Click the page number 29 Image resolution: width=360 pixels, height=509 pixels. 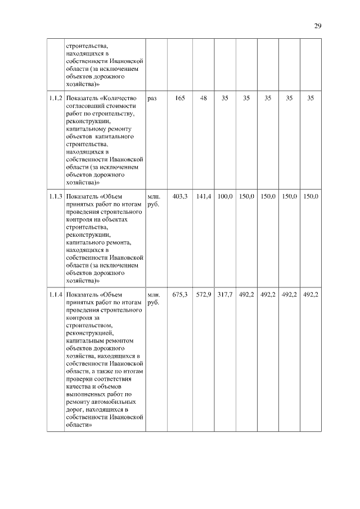click(x=318, y=26)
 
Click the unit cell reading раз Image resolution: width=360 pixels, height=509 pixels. click(x=151, y=98)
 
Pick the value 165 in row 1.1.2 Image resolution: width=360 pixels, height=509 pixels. click(x=180, y=98)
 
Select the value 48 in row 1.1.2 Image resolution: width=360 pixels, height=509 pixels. click(x=203, y=98)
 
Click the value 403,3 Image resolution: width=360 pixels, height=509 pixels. click(x=179, y=196)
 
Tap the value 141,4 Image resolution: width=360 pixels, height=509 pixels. click(x=203, y=196)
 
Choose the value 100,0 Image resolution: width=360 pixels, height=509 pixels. click(x=225, y=196)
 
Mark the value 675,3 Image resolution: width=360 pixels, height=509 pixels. click(x=179, y=294)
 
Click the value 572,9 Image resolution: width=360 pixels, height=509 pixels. click(x=203, y=294)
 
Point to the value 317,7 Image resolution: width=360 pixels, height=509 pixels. click(x=225, y=294)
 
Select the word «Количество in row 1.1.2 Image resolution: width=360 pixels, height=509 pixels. click(x=118, y=98)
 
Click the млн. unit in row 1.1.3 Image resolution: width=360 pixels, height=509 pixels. click(x=153, y=196)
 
